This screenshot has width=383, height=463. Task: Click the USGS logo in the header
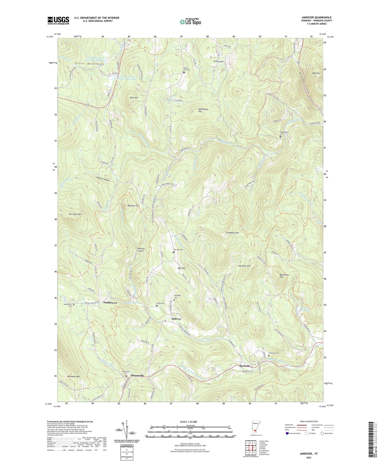point(58,20)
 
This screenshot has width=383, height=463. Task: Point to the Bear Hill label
point(134,98)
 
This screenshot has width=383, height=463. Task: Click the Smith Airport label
point(219,62)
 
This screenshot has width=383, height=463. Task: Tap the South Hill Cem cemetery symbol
point(184,72)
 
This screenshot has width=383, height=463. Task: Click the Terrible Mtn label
point(75,214)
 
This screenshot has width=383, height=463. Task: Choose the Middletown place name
point(110,303)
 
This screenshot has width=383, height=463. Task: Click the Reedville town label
point(245,366)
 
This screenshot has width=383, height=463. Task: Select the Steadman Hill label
point(232,233)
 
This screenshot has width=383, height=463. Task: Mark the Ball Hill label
point(316,73)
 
